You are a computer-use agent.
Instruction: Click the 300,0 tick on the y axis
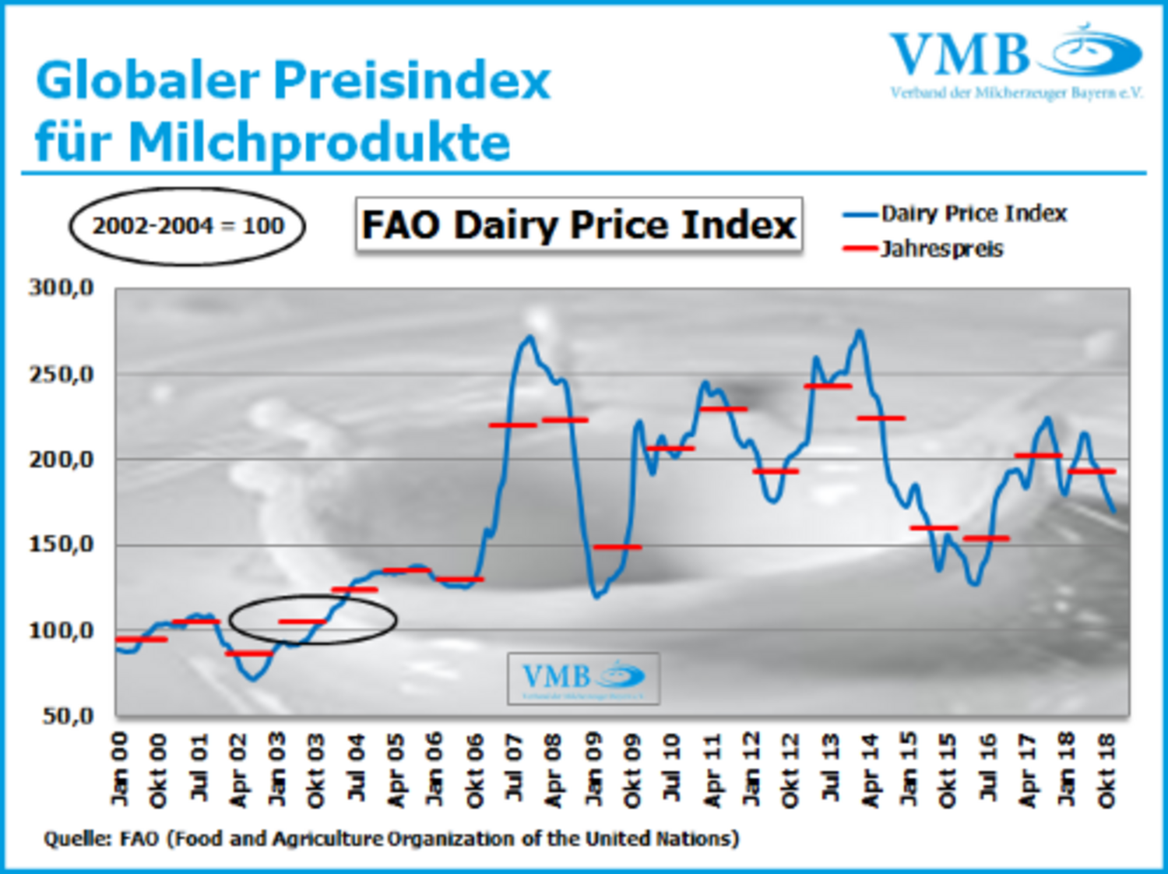(62, 288)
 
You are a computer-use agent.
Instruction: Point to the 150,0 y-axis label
(62, 544)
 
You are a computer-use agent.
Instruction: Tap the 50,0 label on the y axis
(68, 715)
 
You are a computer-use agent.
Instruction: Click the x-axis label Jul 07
(514, 770)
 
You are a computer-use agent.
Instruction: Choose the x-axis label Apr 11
(712, 770)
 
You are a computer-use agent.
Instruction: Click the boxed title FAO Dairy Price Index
(579, 225)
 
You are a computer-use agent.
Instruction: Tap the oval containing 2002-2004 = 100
(188, 226)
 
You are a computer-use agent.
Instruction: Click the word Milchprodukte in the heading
(319, 143)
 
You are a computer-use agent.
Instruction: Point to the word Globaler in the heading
(148, 80)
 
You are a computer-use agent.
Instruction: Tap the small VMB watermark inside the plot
(583, 678)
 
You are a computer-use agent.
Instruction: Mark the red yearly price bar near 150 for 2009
(617, 547)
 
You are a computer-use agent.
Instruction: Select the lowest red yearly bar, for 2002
(249, 653)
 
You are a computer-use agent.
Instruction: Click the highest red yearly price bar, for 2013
(828, 386)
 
